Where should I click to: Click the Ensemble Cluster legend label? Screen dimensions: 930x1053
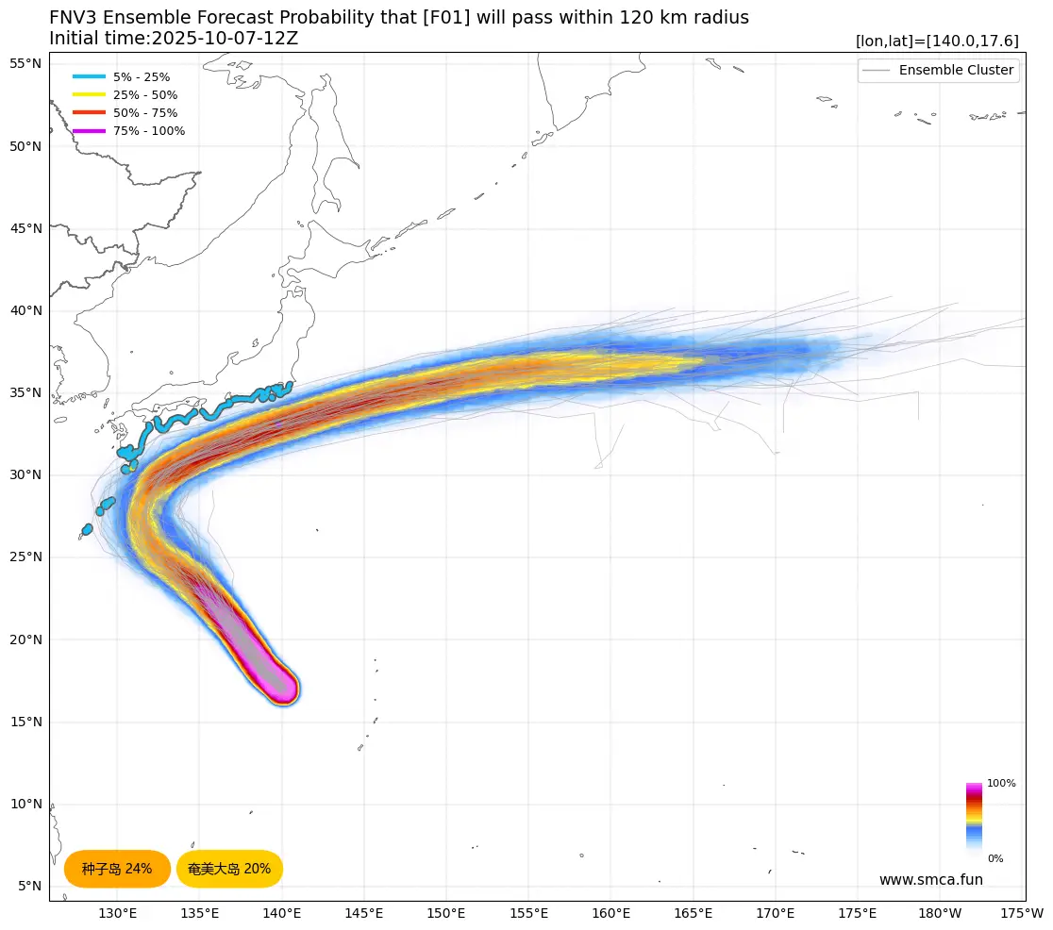956,71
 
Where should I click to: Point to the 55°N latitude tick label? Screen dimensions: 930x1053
25,64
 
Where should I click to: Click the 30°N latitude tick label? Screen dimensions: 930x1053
25,475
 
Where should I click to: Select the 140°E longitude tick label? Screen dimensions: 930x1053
282,913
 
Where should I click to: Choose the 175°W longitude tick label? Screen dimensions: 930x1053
1022,913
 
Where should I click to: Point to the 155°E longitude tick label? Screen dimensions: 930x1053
528,913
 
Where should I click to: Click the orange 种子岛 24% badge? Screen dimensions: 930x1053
117,869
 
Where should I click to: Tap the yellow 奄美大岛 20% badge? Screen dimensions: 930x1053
229,869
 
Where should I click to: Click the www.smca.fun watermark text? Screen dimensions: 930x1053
930,880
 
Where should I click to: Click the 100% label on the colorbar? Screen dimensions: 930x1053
1001,784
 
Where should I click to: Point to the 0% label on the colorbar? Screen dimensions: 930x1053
995,859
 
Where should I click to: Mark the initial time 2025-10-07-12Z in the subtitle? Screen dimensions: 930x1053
225,39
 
